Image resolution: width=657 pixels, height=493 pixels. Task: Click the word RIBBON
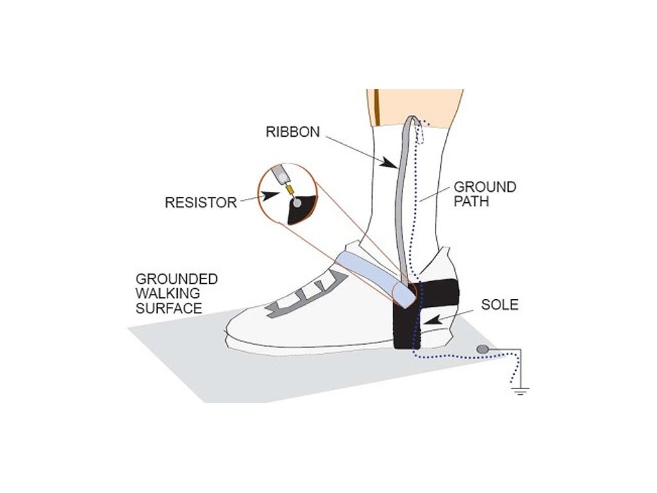coord(292,132)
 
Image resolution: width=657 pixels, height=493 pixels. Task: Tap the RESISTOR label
coord(201,202)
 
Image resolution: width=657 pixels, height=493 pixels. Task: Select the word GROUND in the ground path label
coord(485,187)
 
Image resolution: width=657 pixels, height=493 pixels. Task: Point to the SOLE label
coord(500,305)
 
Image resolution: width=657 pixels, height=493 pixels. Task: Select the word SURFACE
coord(169,309)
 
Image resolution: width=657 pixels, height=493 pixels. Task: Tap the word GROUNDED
coord(176,279)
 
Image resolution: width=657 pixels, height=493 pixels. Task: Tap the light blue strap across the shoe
coord(372,273)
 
